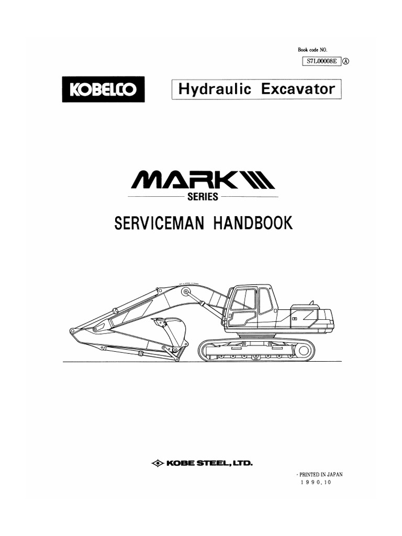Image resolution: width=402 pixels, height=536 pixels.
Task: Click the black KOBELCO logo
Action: click(103, 89)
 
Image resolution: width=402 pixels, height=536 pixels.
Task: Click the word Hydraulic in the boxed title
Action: click(215, 90)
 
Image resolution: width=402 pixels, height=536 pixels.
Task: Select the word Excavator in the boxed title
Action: click(298, 89)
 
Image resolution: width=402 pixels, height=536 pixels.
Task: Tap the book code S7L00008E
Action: click(322, 62)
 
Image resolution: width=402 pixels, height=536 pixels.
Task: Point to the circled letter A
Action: click(346, 62)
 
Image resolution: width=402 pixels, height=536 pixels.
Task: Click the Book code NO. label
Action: click(312, 50)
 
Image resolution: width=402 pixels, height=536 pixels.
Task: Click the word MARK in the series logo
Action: click(185, 180)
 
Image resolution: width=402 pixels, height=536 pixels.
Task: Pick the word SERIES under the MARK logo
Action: click(203, 197)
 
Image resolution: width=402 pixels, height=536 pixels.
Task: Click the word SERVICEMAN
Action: click(159, 223)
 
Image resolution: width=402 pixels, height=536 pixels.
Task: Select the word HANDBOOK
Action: click(253, 223)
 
